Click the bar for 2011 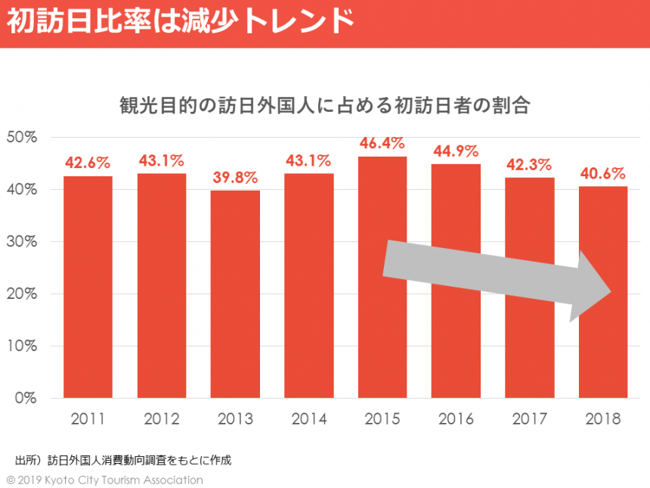click(x=88, y=287)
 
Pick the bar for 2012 click(x=161, y=285)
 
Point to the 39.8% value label click(x=235, y=178)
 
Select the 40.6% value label click(x=603, y=173)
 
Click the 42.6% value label click(x=88, y=163)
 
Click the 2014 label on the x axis click(x=308, y=419)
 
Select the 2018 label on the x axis click(x=603, y=419)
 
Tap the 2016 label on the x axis click(x=457, y=419)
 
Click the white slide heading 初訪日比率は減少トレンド click(x=181, y=21)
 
